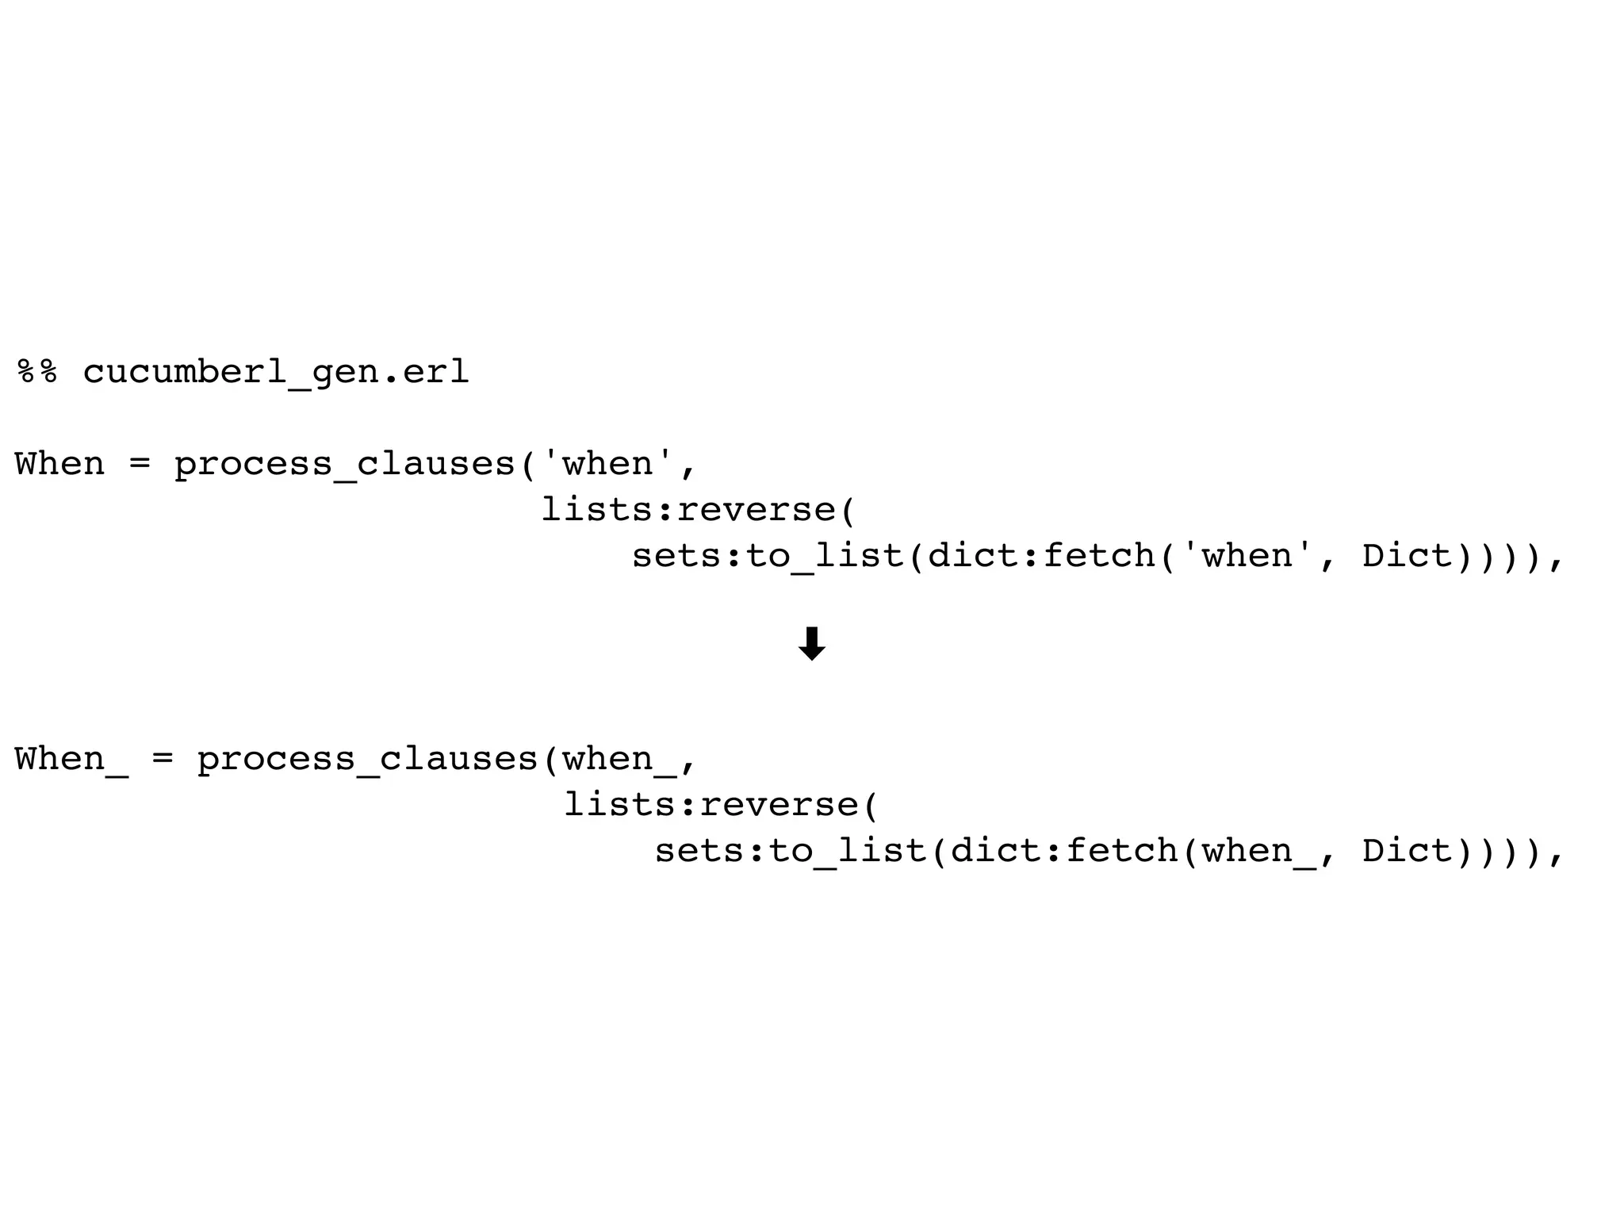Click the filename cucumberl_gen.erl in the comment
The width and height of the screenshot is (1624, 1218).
[276, 372]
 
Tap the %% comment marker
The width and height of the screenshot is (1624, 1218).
[37, 372]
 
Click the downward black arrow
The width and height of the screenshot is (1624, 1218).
[811, 643]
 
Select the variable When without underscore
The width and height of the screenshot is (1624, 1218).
[59, 464]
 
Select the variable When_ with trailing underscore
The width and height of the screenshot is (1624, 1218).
[71, 759]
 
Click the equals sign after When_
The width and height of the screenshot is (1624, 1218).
[162, 759]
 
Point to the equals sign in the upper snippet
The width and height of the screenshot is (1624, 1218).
[139, 464]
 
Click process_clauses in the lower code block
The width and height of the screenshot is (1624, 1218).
[367, 759]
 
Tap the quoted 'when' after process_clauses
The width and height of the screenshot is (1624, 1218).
[607, 464]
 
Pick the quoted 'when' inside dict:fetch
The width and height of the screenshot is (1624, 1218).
[1247, 556]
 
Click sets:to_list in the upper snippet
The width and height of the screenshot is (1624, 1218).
[768, 556]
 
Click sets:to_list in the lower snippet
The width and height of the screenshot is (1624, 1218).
[791, 851]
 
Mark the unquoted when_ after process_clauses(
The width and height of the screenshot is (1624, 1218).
[619, 759]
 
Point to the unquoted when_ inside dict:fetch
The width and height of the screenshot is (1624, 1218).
[1258, 851]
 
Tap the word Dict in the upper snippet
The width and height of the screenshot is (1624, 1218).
[1407, 556]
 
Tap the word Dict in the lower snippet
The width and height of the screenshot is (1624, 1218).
[1407, 851]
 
